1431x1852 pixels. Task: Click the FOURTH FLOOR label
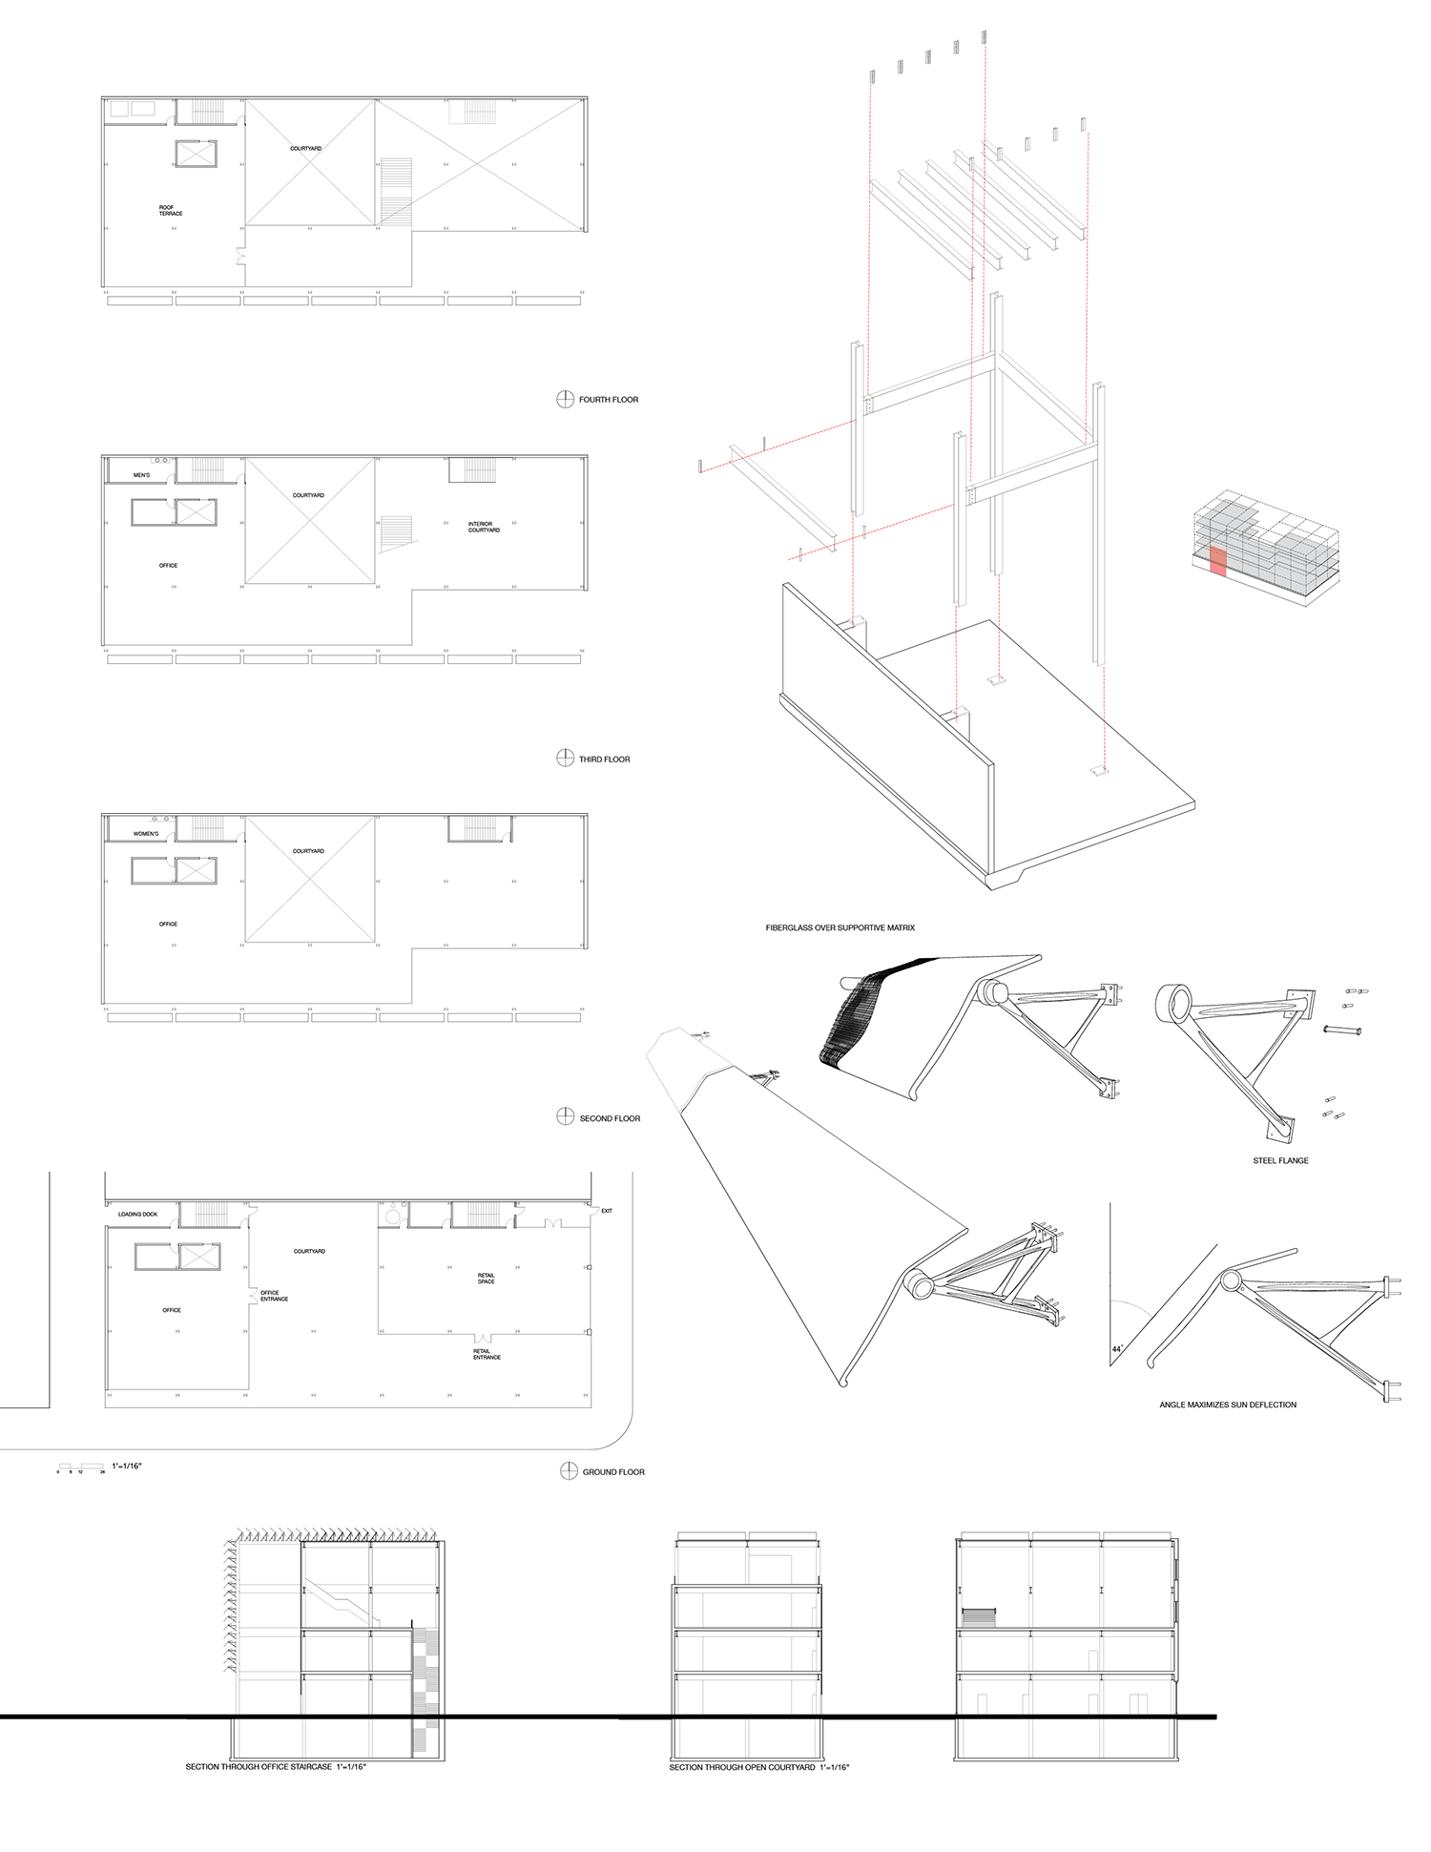point(608,400)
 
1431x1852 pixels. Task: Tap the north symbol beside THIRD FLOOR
point(565,759)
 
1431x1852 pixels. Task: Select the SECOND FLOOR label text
point(610,1118)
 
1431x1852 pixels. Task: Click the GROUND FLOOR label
point(613,1472)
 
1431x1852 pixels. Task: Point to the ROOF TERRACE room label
point(171,211)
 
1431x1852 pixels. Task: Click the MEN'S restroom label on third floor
point(141,475)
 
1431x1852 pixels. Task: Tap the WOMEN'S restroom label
point(146,834)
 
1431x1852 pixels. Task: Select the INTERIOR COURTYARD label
point(483,527)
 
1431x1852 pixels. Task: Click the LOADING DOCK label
point(137,1215)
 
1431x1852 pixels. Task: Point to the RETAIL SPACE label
point(486,1279)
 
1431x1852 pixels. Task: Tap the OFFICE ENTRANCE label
point(274,1296)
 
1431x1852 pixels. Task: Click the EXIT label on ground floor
point(607,1211)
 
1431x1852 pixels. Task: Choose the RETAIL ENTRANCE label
point(487,1354)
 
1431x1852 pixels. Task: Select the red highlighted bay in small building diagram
point(1218,561)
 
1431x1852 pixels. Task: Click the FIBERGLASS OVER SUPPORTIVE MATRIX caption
point(840,927)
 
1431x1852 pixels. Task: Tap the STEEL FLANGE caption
point(1280,1160)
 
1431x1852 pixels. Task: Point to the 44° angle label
point(1117,1349)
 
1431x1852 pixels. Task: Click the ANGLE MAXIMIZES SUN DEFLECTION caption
point(1228,1405)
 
